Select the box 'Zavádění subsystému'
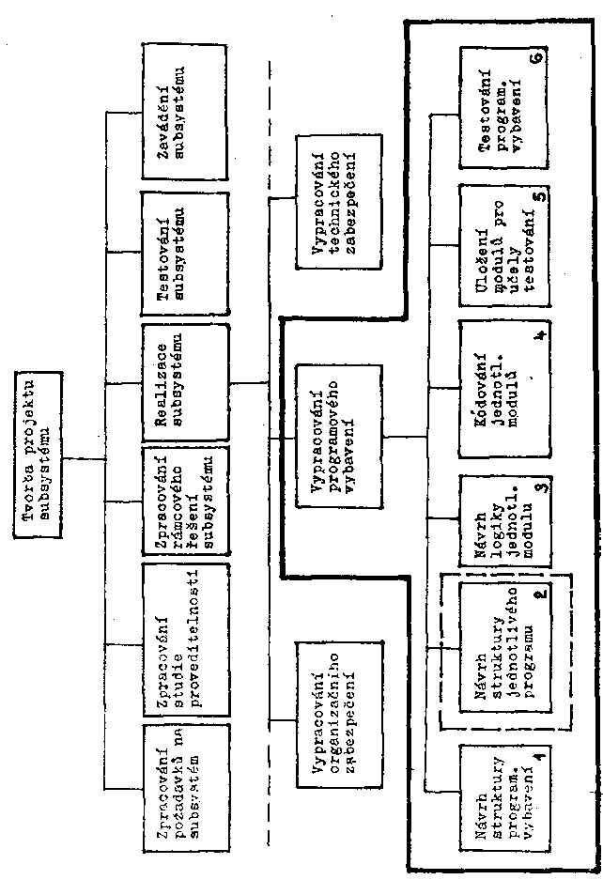coord(184,113)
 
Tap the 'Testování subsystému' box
coord(184,253)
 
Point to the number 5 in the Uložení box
coord(538,196)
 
